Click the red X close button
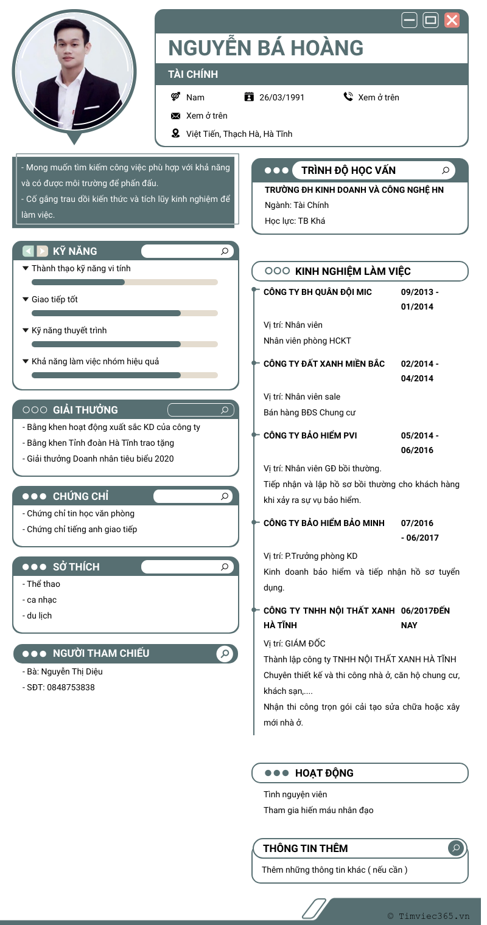click(452, 20)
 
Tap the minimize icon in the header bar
click(409, 20)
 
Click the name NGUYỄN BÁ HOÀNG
click(265, 48)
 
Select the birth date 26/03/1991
click(282, 97)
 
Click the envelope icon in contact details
click(176, 116)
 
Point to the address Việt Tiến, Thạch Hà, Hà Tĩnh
click(239, 134)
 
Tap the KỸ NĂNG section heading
click(75, 251)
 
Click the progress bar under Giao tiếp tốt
click(124, 313)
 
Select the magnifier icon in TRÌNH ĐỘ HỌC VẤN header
click(446, 170)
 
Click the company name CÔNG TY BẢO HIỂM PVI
click(310, 435)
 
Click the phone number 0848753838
click(71, 687)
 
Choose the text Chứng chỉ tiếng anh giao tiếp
click(82, 529)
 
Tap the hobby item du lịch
click(40, 615)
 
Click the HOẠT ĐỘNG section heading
click(324, 773)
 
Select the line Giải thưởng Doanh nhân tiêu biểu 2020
click(100, 459)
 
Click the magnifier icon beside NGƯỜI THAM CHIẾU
click(225, 654)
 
